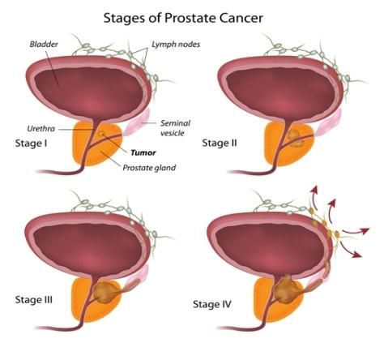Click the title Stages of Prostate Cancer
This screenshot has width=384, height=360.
[183, 19]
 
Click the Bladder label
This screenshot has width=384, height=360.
[44, 44]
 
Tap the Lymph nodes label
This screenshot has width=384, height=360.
[176, 45]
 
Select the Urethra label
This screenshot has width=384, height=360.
[41, 129]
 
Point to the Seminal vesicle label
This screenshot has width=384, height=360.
[175, 128]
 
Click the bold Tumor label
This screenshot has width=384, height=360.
[143, 153]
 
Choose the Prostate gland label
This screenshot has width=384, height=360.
[149, 168]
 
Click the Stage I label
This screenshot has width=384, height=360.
[31, 144]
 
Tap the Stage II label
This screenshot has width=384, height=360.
[220, 143]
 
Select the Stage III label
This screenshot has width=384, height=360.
[34, 300]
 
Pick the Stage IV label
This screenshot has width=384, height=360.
[212, 305]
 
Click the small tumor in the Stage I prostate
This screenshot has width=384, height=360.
[101, 134]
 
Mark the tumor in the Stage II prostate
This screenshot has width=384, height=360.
[296, 137]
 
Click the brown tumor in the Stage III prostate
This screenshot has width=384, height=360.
[105, 292]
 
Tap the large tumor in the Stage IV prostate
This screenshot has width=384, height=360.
[286, 289]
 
